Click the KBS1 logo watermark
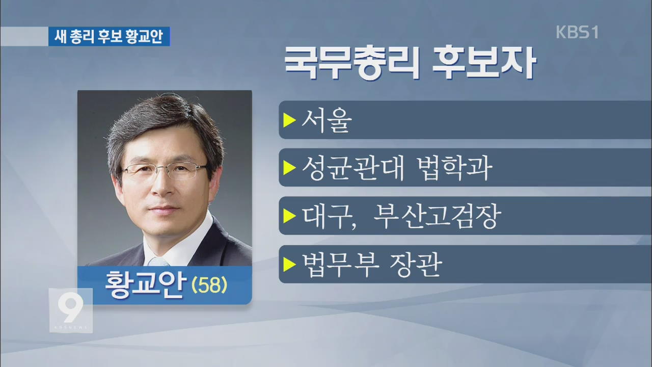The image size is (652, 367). (x=577, y=32)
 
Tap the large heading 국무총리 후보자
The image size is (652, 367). (x=410, y=62)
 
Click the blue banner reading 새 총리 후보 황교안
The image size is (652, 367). (x=109, y=36)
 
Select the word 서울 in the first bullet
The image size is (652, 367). (x=327, y=120)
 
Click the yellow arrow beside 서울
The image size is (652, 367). (x=289, y=120)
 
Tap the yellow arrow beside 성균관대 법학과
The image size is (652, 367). (x=289, y=168)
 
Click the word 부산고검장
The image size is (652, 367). (x=437, y=216)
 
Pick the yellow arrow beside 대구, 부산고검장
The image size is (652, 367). (x=289, y=216)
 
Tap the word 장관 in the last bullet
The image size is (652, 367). (x=416, y=265)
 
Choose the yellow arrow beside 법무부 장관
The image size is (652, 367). (x=289, y=265)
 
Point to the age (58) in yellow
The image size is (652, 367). (x=209, y=285)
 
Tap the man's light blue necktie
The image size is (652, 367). (x=158, y=261)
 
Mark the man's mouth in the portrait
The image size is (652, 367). (x=164, y=209)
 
